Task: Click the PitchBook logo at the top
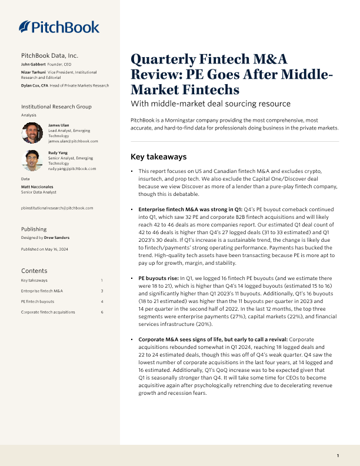pyautogui.click(x=59, y=26)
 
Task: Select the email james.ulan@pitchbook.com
pyautogui.click(x=73, y=141)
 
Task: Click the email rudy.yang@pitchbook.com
pyautogui.click(x=72, y=168)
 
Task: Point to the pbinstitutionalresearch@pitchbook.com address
pyautogui.click(x=56, y=208)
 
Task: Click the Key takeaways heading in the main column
pyautogui.click(x=158, y=157)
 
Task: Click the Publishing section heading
pyautogui.click(x=34, y=229)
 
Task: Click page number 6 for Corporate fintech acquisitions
pyautogui.click(x=102, y=311)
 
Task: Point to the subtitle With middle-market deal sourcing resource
pyautogui.click(x=210, y=104)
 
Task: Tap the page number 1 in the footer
pyautogui.click(x=338, y=456)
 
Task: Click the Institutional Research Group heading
pyautogui.click(x=56, y=106)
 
